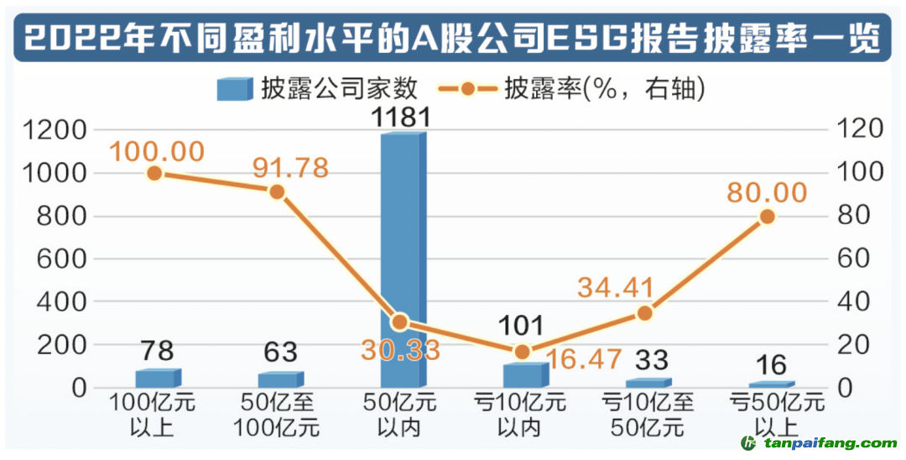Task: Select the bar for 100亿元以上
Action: [x=158, y=379]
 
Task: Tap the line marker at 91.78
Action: [x=278, y=192]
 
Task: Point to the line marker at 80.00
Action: [x=766, y=217]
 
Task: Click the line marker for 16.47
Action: [x=522, y=352]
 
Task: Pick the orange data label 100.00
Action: [x=157, y=152]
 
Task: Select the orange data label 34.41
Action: [x=616, y=287]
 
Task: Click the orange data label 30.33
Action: [x=400, y=350]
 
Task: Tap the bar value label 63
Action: [x=279, y=352]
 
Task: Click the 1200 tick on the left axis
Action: [x=55, y=130]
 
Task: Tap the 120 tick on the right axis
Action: [x=855, y=129]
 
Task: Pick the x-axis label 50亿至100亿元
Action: [x=280, y=415]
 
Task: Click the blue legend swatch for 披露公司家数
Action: [x=234, y=88]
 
